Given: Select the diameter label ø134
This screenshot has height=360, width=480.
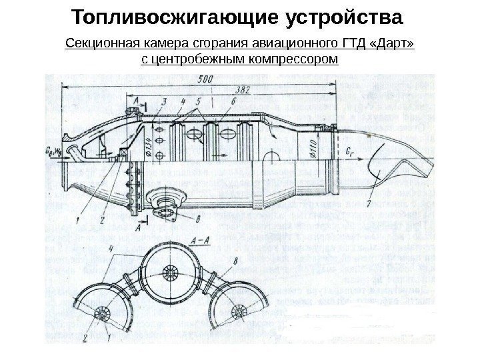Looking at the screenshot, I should point(150,141).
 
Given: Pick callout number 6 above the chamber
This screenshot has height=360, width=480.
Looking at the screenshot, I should point(233,101).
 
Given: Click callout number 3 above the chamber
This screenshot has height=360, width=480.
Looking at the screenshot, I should point(163,101).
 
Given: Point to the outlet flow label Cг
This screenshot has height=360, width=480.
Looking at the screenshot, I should point(351,150).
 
